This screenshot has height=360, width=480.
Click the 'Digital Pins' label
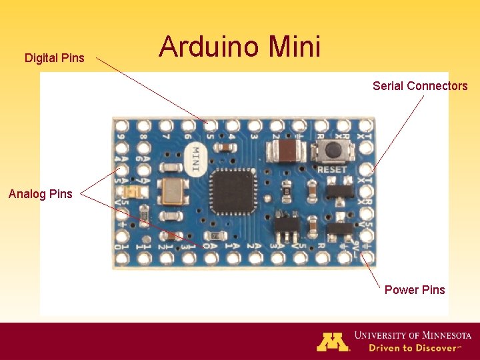click(x=55, y=58)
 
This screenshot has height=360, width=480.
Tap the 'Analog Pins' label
click(x=40, y=194)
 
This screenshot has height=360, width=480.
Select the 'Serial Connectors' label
click(x=420, y=86)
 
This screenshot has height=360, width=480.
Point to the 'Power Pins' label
click(x=415, y=289)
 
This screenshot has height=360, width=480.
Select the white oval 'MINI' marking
click(x=195, y=160)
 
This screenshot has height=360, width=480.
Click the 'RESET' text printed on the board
click(x=331, y=170)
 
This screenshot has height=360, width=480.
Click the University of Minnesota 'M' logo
click(x=333, y=341)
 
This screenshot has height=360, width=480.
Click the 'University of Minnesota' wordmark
click(x=413, y=335)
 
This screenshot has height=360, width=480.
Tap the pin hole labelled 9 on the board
click(x=121, y=125)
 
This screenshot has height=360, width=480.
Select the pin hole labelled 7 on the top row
click(x=165, y=125)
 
